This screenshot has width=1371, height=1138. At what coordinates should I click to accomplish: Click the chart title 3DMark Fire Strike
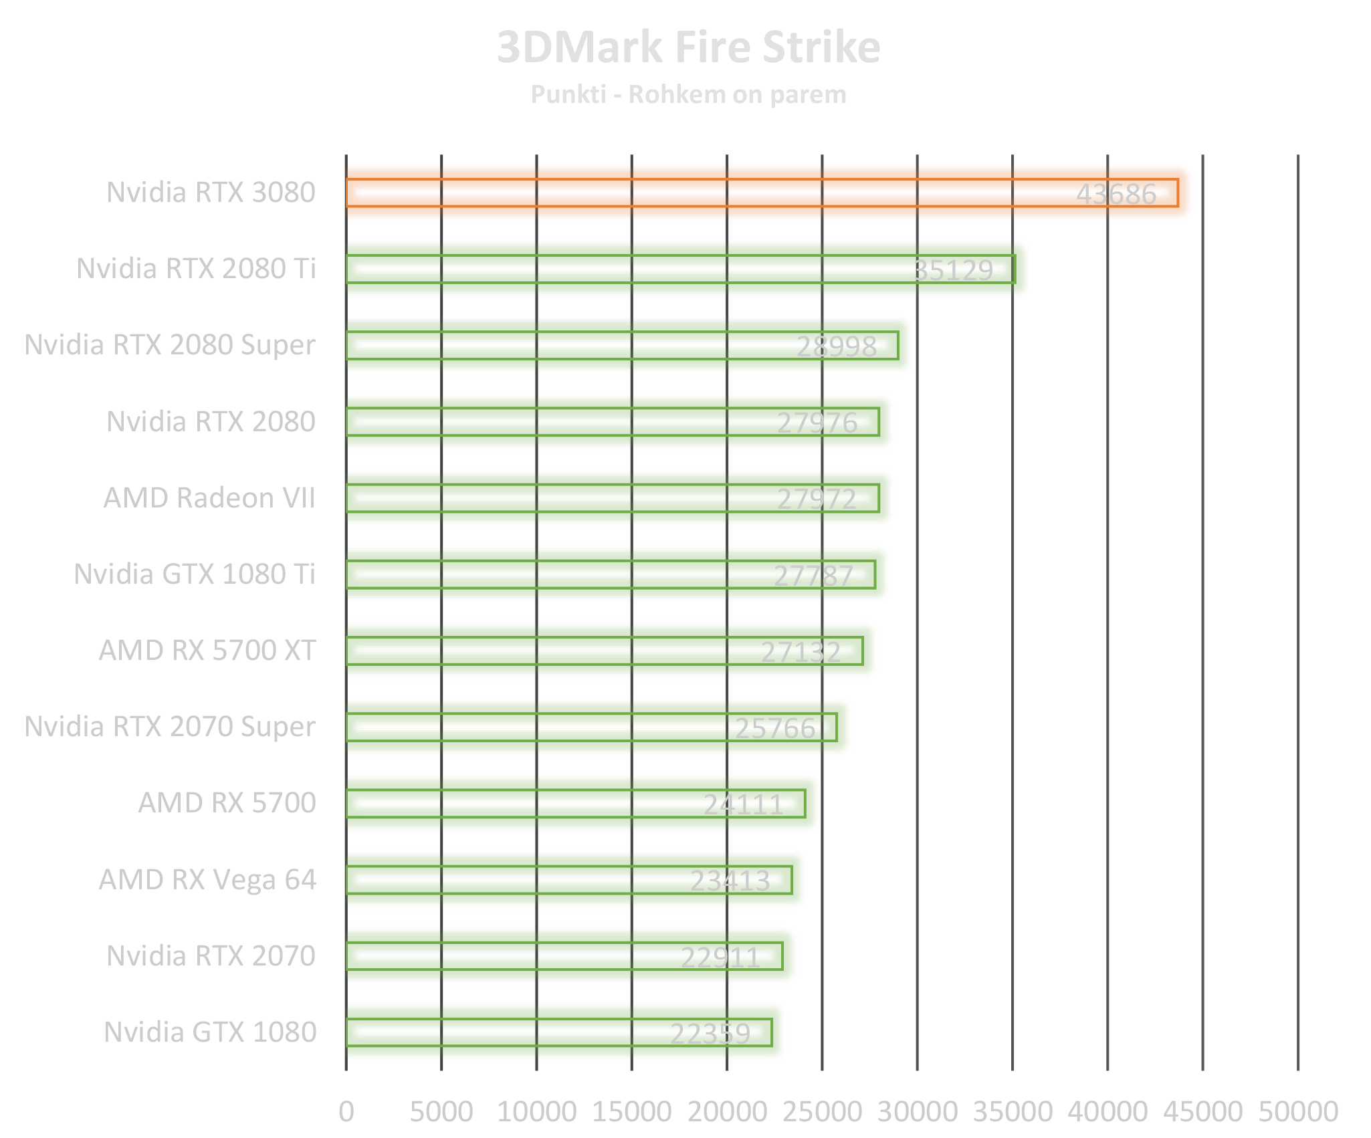click(x=688, y=47)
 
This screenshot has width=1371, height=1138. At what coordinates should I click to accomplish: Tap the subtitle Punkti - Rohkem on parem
click(x=688, y=95)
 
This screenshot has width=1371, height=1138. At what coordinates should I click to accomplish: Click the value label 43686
click(x=1116, y=195)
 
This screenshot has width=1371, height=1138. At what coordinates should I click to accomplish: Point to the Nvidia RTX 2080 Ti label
click(x=196, y=269)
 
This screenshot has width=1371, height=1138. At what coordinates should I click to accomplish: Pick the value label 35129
click(x=953, y=271)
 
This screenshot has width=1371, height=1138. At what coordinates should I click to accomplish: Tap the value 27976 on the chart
click(x=817, y=423)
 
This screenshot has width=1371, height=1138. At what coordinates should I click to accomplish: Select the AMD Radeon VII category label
click(x=209, y=498)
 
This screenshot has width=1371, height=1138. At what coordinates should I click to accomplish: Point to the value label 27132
click(x=801, y=653)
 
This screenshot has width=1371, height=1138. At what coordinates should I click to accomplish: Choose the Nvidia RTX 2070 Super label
click(x=171, y=727)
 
